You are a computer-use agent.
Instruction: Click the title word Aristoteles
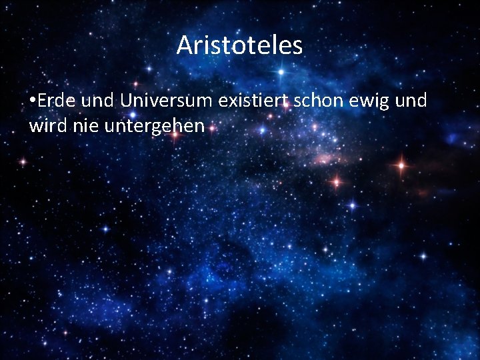tap(239, 45)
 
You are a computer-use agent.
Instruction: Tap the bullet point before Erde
tap(33, 101)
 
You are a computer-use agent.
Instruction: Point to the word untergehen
tap(155, 126)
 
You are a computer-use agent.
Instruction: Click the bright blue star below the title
tap(281, 71)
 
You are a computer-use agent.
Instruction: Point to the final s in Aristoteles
tap(297, 46)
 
